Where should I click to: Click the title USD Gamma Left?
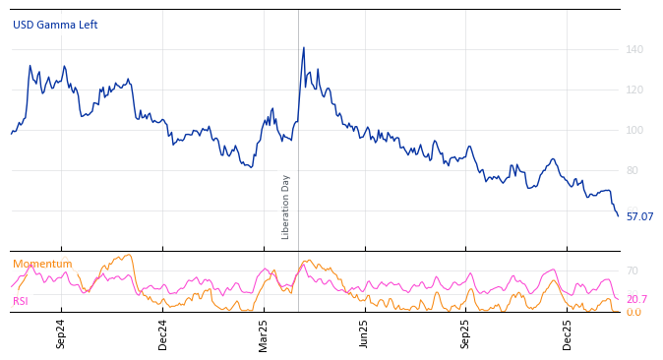[55, 26]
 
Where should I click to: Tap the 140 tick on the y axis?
[634, 50]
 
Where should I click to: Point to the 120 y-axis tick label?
[634, 90]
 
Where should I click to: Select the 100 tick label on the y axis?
[634, 131]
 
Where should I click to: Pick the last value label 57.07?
[639, 216]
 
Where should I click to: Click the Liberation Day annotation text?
[286, 207]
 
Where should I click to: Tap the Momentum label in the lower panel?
[42, 265]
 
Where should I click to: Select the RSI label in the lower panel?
[21, 301]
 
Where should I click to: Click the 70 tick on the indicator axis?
[633, 271]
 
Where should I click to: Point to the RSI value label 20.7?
[636, 300]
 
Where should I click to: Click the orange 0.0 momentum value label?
[633, 313]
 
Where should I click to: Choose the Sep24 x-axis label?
[61, 333]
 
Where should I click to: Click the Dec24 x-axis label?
[163, 333]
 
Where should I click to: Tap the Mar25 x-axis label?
[264, 333]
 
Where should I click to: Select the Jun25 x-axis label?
[365, 333]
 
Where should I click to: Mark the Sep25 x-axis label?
[466, 333]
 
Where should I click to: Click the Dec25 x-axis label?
[568, 333]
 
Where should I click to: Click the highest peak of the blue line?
[303, 47]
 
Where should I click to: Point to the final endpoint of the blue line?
[618, 216]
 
